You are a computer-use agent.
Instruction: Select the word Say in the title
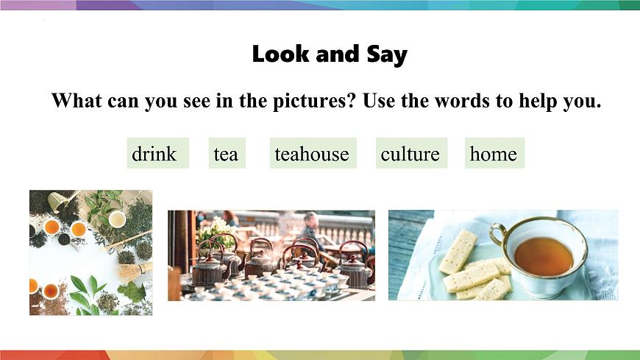[386, 55]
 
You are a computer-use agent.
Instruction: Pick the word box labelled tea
[226, 154]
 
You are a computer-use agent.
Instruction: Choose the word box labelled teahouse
[312, 154]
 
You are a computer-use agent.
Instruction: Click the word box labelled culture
[410, 154]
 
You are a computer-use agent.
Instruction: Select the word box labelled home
[493, 154]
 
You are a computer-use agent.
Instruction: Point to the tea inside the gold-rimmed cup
[543, 255]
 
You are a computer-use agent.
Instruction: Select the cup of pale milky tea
[117, 219]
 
